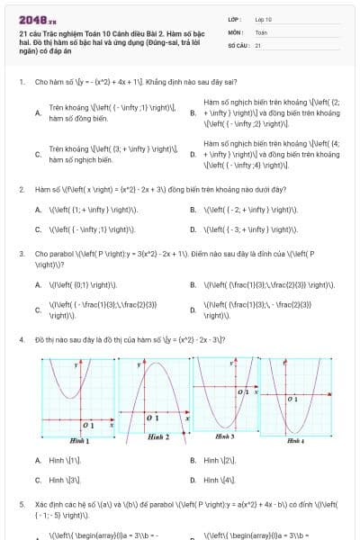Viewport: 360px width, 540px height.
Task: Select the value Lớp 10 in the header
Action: click(263, 18)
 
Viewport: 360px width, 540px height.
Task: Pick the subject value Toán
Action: click(261, 31)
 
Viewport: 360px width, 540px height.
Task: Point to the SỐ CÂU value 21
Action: click(257, 44)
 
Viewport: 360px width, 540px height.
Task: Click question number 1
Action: click(21, 82)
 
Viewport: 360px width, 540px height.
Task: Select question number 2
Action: click(21, 190)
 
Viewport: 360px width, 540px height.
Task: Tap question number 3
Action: click(21, 254)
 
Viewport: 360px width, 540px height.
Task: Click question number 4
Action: click(21, 340)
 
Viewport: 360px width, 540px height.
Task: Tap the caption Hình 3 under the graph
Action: click(226, 436)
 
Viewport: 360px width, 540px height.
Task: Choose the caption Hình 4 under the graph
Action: click(295, 441)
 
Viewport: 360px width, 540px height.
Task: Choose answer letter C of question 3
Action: click(37, 310)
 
